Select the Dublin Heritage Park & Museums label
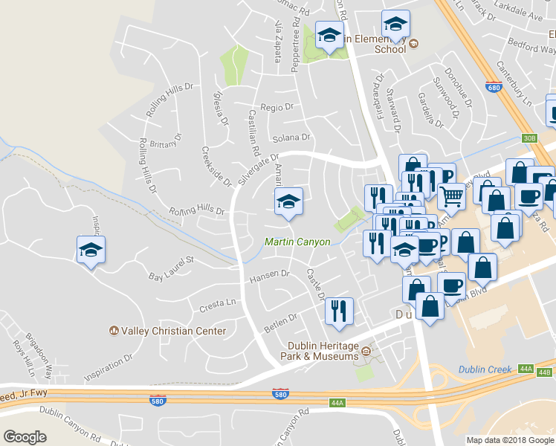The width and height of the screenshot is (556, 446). coord(323,352)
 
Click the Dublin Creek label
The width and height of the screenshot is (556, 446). coord(482,369)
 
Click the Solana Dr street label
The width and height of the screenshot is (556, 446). coord(291,138)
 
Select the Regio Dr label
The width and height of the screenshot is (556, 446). coord(277,108)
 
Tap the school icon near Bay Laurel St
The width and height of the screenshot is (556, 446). coord(91,251)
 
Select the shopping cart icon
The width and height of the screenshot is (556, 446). coord(451,196)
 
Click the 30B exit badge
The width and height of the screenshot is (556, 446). coord(529,138)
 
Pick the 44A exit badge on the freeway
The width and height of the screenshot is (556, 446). coord(337,403)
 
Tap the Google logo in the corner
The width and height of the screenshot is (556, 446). coord(25,437)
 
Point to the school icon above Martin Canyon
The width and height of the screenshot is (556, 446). coord(288,201)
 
